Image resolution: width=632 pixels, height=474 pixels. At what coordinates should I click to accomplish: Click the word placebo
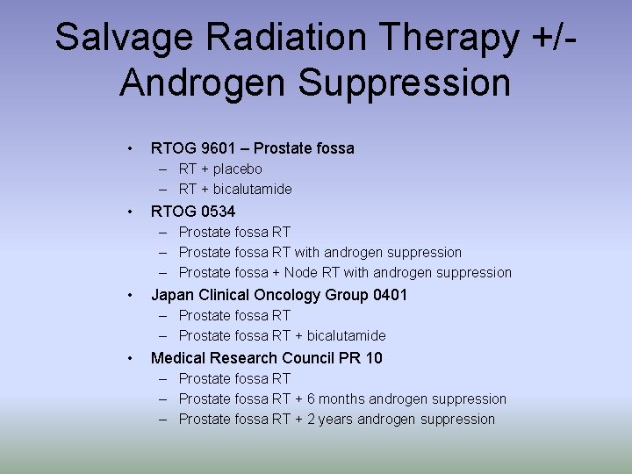[237, 169]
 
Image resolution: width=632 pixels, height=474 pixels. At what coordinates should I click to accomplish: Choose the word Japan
[172, 295]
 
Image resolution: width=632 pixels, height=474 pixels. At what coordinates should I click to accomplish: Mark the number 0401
[390, 295]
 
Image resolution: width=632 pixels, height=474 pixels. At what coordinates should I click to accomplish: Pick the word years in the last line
[335, 420]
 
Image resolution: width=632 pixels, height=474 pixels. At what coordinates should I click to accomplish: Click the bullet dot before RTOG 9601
[129, 148]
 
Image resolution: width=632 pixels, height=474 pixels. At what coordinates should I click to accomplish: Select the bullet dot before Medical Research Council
[129, 357]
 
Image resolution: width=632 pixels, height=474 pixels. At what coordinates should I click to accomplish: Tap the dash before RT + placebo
[164, 169]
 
